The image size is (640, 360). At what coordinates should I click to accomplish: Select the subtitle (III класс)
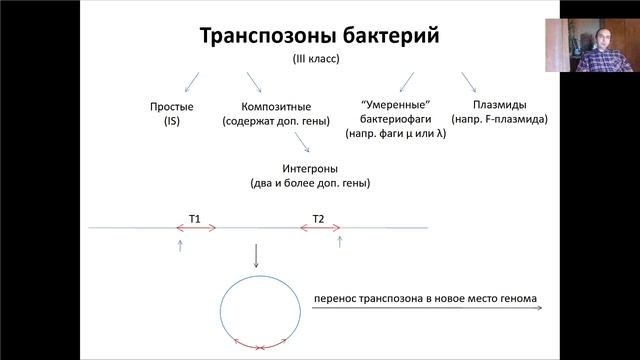point(319,60)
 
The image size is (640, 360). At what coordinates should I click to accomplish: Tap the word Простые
point(172,106)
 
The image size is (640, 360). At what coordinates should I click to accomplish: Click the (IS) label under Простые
point(172,120)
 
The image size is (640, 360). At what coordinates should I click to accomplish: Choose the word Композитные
point(276,106)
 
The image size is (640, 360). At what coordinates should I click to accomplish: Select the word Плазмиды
point(500,105)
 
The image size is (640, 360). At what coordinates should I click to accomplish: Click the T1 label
point(195,218)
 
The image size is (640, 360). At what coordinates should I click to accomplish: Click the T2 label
point(318,218)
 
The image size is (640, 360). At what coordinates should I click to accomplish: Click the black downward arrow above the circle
point(256,256)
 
